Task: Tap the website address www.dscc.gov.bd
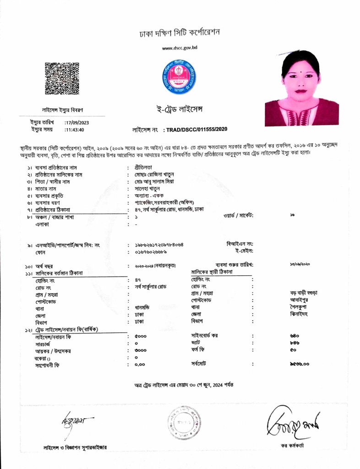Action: (180, 48)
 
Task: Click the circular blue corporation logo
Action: (180, 76)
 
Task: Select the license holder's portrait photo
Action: (301, 94)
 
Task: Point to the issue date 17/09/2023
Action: (76, 122)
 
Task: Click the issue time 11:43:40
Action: (74, 130)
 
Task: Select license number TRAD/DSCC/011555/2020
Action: (197, 130)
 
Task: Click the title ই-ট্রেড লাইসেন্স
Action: (180, 109)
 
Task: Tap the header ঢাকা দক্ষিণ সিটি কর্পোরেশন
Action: (180, 33)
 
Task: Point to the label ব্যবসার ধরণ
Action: (48, 202)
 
